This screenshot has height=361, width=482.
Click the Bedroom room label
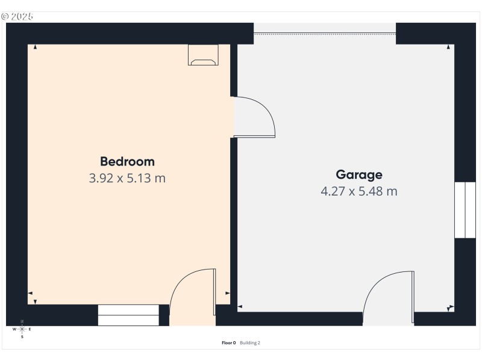(x=127, y=161)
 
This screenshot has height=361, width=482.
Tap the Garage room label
(x=359, y=175)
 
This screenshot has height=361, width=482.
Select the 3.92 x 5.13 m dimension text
(x=127, y=178)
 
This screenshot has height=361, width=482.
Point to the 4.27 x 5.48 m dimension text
(x=359, y=192)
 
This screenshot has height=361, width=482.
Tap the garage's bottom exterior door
(x=389, y=297)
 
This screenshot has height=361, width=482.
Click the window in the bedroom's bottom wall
(x=128, y=315)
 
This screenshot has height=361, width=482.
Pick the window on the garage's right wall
(x=465, y=210)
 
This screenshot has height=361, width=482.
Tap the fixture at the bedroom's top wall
(x=204, y=55)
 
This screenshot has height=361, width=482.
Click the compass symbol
(x=22, y=329)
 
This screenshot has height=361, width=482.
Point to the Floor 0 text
(x=229, y=343)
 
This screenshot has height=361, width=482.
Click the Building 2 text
(x=250, y=343)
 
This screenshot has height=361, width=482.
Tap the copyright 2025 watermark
(x=17, y=16)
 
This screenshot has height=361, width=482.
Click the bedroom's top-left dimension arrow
(x=35, y=47)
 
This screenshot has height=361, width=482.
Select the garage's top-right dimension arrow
(x=449, y=47)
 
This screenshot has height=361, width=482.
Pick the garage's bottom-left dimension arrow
(x=240, y=307)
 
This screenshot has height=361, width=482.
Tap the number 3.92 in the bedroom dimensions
(x=101, y=178)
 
